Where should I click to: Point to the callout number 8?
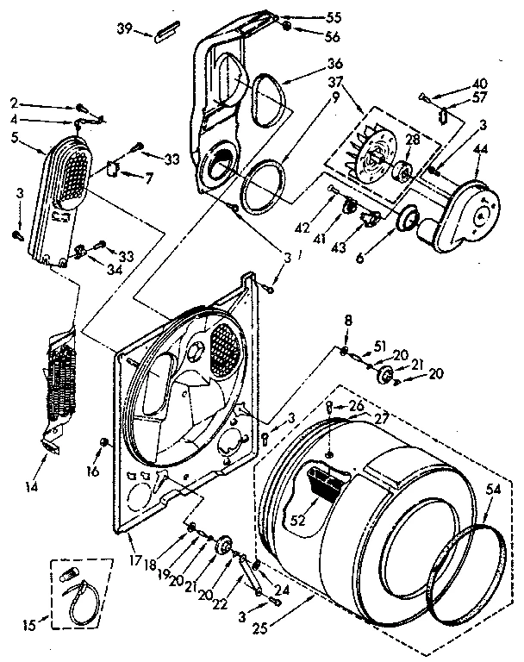point(347,322)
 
